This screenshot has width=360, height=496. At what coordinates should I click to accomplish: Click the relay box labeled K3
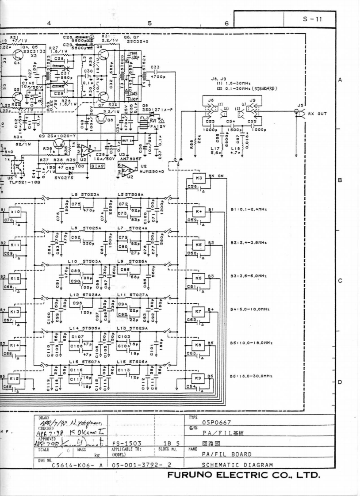click(199, 178)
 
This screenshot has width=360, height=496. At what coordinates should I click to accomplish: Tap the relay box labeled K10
click(15, 213)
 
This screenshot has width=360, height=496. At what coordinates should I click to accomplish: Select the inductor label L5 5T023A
click(84, 195)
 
